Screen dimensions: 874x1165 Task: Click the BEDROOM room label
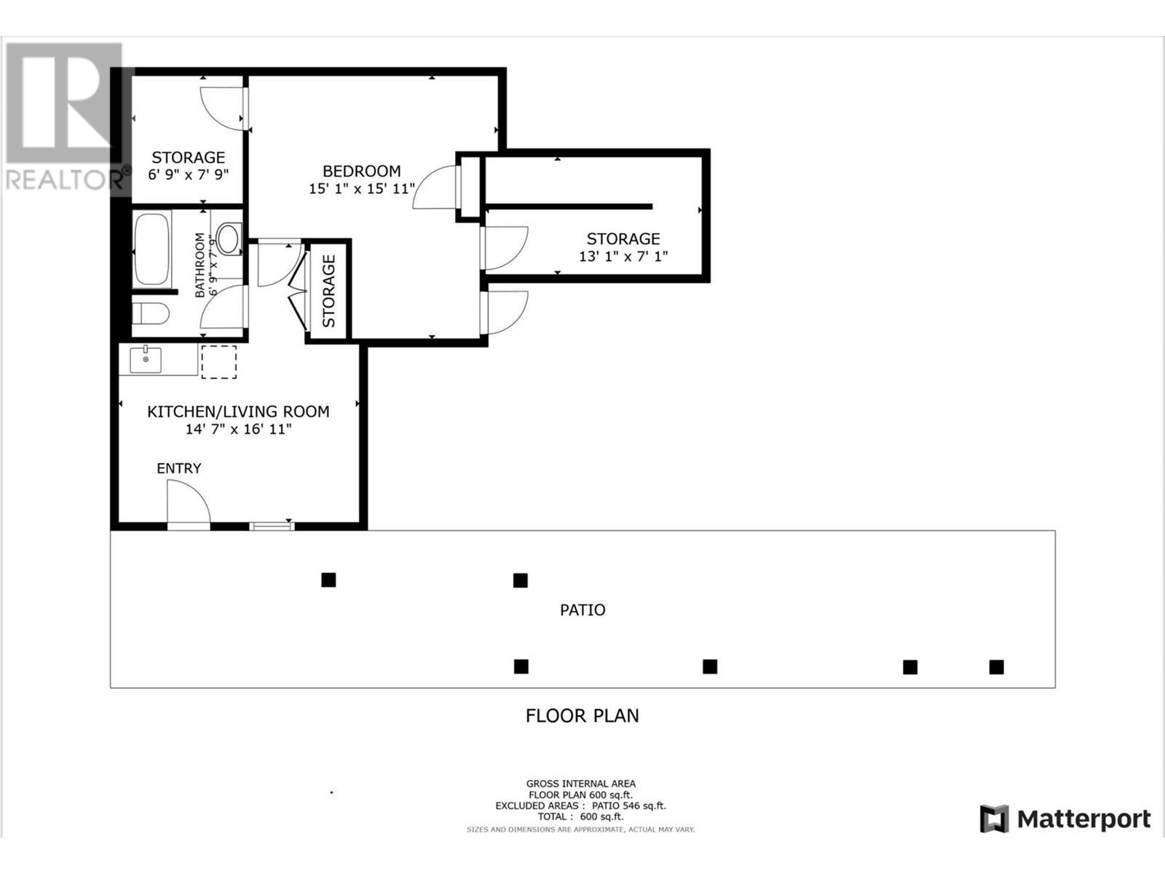coord(361,171)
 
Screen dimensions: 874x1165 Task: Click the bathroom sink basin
coord(229,238)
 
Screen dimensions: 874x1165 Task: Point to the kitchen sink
coord(146,360)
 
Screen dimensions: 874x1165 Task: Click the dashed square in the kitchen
coord(218,362)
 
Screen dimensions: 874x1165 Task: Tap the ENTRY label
coord(178,468)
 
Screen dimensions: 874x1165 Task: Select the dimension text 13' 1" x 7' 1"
coord(623,256)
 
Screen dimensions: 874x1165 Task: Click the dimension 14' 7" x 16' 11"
coord(238,430)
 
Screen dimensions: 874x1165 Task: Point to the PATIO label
coord(582,610)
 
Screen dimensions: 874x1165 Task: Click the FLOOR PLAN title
coord(582,715)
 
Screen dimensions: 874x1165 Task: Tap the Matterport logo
coord(1065,819)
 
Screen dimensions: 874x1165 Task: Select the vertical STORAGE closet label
coord(329,291)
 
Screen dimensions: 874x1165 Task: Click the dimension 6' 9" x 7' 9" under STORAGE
coord(189,175)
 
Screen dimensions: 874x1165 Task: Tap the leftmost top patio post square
coord(328,580)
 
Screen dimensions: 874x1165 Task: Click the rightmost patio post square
coord(996,666)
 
